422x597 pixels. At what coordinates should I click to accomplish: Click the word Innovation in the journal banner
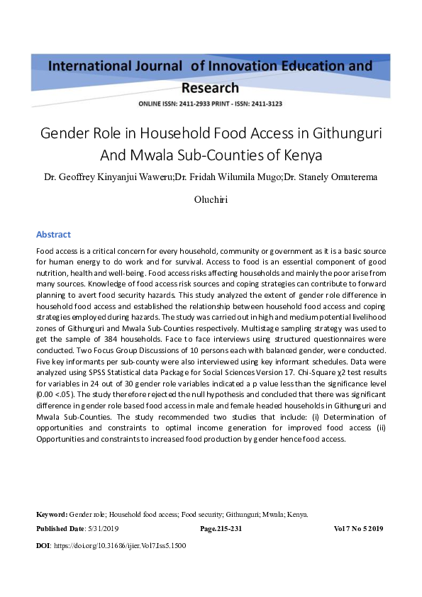[x=235, y=66]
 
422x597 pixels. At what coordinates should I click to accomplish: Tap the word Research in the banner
[x=211, y=88]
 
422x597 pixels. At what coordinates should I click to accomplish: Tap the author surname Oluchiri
[x=211, y=199]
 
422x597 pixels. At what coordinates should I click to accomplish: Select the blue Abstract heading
[x=53, y=234]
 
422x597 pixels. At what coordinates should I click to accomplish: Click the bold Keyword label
[x=51, y=514]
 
